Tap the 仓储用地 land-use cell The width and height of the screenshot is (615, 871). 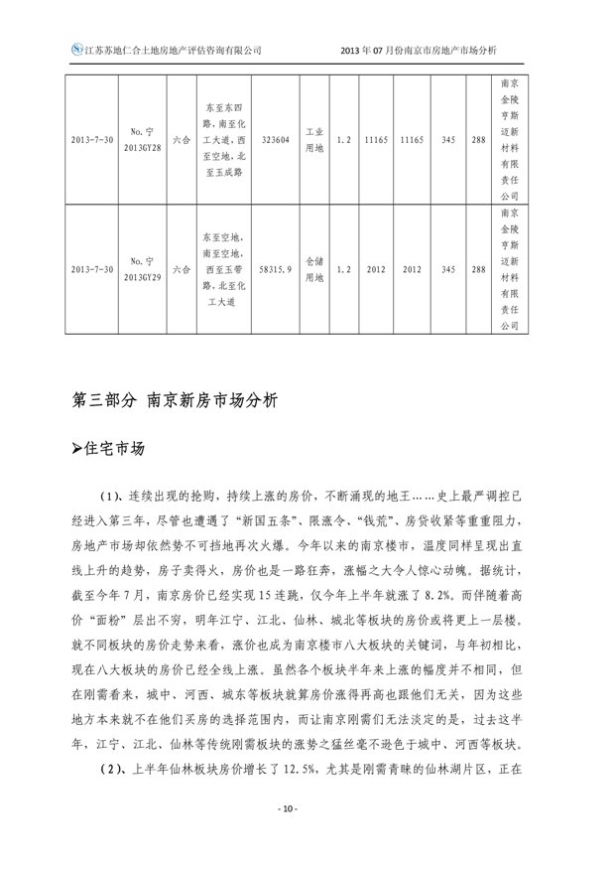coord(313,268)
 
